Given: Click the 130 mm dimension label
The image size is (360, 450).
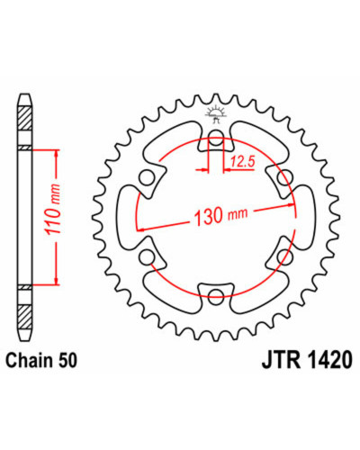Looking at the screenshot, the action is [221, 215].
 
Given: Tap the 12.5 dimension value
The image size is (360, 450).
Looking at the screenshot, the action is [242, 162].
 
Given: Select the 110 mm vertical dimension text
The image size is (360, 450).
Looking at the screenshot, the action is [52, 209].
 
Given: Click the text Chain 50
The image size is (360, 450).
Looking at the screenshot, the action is [41, 360].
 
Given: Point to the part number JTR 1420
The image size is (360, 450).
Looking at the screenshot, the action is [307, 360].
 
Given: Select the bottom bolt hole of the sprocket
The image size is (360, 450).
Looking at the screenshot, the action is [216, 295].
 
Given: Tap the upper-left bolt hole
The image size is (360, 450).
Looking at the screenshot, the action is [146, 178].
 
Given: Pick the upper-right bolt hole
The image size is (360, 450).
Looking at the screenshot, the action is [284, 178].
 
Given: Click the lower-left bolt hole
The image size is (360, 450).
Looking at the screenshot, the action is [147, 257].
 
